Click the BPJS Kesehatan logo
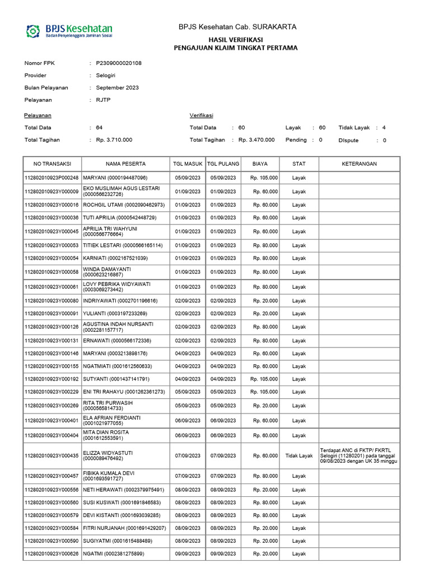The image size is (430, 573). pos(70,31)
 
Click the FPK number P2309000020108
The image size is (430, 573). pos(119,63)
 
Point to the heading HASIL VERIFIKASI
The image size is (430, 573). pos(236,39)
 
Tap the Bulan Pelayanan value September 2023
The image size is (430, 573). pos(118,88)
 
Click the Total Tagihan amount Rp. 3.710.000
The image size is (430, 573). pos(114,140)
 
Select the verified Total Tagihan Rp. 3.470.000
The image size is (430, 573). pos(256,140)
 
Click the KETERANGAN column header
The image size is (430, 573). pos(359,164)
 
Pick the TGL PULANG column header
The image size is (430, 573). pos(223,164)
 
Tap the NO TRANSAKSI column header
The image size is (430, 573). pos(52,164)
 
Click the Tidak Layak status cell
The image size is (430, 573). pos(299,455)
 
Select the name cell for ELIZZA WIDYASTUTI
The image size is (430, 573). pos(127,455)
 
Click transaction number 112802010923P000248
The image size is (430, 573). pos(52,178)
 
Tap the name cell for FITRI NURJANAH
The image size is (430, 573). pos(125,528)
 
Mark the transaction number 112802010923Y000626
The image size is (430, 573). pos(52,554)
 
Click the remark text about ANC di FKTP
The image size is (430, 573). pos(359,455)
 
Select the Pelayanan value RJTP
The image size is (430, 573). pos(103,100)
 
